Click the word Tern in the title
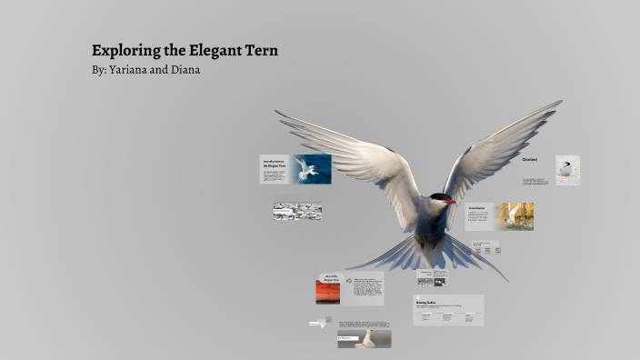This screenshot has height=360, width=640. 259,51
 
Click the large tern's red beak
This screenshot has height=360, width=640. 448,200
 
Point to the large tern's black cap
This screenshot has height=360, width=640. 437,197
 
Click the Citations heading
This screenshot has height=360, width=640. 530,160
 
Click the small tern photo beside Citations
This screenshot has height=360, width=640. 568,170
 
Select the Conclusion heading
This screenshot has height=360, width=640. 477,208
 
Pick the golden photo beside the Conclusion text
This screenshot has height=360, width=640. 514,216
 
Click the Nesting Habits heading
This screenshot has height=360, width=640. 427,302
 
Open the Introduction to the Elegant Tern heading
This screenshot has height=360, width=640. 274,164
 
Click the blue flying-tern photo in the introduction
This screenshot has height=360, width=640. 312,169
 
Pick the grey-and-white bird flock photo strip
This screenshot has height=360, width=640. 297,211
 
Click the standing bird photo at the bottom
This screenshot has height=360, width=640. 365,338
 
